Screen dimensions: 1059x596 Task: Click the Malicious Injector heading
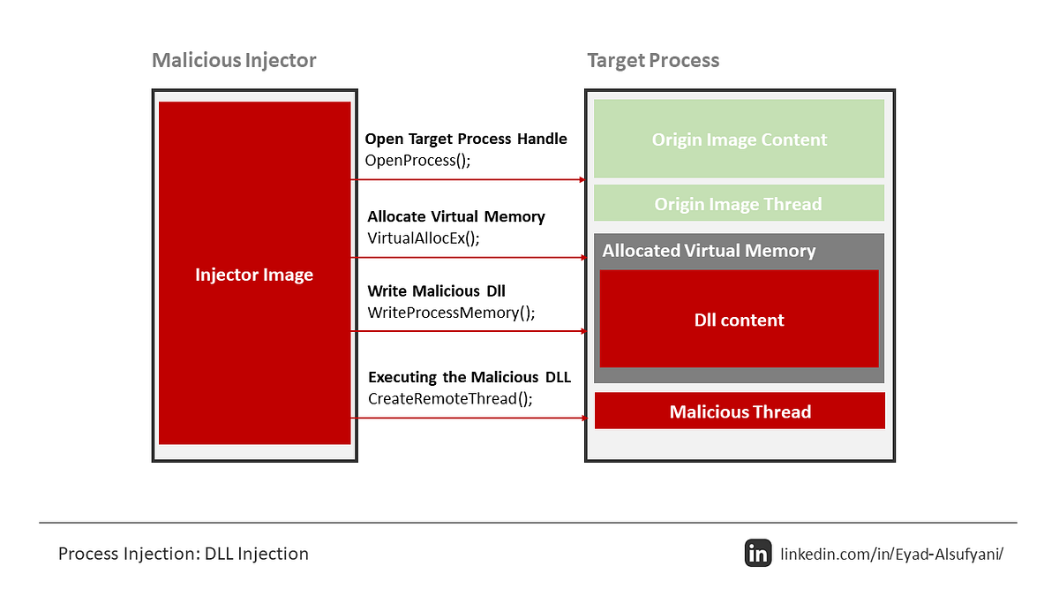click(x=234, y=61)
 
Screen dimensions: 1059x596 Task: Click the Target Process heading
click(x=653, y=61)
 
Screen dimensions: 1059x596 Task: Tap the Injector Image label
click(x=254, y=275)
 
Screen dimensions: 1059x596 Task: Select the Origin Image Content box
click(x=739, y=139)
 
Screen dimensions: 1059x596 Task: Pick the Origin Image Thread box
click(x=739, y=203)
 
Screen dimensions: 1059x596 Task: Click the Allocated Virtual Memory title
click(x=709, y=251)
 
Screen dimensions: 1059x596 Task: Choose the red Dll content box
click(x=739, y=319)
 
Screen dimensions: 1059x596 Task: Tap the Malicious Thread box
click(x=740, y=411)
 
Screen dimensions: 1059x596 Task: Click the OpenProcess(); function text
click(x=417, y=161)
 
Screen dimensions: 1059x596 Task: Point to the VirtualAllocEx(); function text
click(x=423, y=238)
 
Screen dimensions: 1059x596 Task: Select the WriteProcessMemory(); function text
click(x=451, y=313)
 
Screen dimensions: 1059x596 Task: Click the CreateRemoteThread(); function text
click(x=450, y=399)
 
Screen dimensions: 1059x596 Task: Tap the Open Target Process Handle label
click(x=466, y=140)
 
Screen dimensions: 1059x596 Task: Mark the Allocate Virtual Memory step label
click(x=456, y=216)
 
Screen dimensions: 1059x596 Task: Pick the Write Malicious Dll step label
click(x=436, y=290)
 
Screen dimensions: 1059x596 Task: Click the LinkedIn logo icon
click(x=758, y=553)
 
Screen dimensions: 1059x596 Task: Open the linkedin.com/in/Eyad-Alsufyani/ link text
click(x=891, y=554)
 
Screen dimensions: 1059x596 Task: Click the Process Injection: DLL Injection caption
click(x=184, y=554)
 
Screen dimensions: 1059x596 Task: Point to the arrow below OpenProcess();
click(x=468, y=180)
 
